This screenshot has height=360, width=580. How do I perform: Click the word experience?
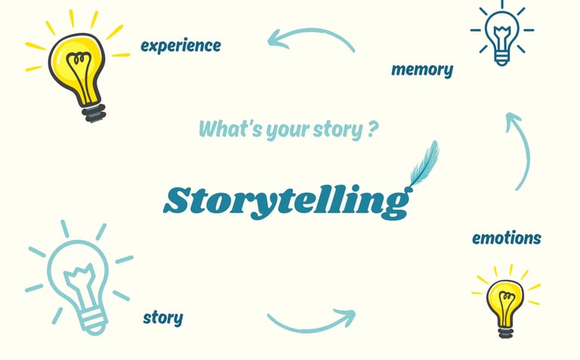pyautogui.click(x=180, y=45)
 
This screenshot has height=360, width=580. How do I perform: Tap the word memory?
pyautogui.click(x=422, y=70)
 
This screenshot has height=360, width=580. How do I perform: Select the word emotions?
pyautogui.click(x=506, y=238)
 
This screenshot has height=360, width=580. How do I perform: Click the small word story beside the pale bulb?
pyautogui.click(x=162, y=317)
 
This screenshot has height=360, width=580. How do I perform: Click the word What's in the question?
pyautogui.click(x=228, y=129)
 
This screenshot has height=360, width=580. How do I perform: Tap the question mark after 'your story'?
pyautogui.click(x=373, y=128)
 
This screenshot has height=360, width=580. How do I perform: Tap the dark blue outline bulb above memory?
pyautogui.click(x=501, y=33)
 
